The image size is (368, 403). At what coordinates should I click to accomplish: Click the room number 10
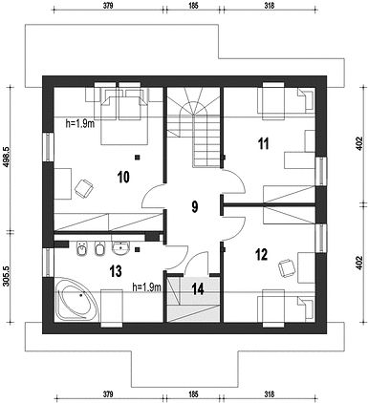tap(123, 177)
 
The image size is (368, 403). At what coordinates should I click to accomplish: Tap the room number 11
tap(263, 143)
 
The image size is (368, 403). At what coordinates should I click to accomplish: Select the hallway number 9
tap(195, 207)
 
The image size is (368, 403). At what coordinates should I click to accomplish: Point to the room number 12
tap(261, 255)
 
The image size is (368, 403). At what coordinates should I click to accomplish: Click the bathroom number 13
tap(116, 271)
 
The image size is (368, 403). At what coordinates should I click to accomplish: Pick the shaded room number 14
tap(198, 289)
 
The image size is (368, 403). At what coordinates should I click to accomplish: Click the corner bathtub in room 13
tap(76, 299)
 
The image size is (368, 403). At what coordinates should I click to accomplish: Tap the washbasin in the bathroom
tap(120, 248)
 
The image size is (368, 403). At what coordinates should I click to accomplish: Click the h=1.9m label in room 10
tap(80, 124)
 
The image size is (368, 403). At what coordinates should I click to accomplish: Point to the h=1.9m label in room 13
tap(147, 287)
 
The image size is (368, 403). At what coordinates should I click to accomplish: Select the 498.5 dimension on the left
tap(7, 158)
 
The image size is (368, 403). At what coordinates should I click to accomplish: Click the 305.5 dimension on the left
tap(7, 276)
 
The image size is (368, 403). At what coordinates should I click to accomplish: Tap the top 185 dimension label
tap(193, 5)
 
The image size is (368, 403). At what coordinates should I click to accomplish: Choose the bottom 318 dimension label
tap(270, 394)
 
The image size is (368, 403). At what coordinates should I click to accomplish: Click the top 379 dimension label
tap(108, 5)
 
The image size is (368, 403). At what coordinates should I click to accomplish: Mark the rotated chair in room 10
tap(84, 189)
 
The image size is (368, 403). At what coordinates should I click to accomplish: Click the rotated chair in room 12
tap(287, 268)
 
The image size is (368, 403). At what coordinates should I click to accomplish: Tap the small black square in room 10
tap(138, 157)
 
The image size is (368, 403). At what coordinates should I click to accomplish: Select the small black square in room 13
tap(138, 249)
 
